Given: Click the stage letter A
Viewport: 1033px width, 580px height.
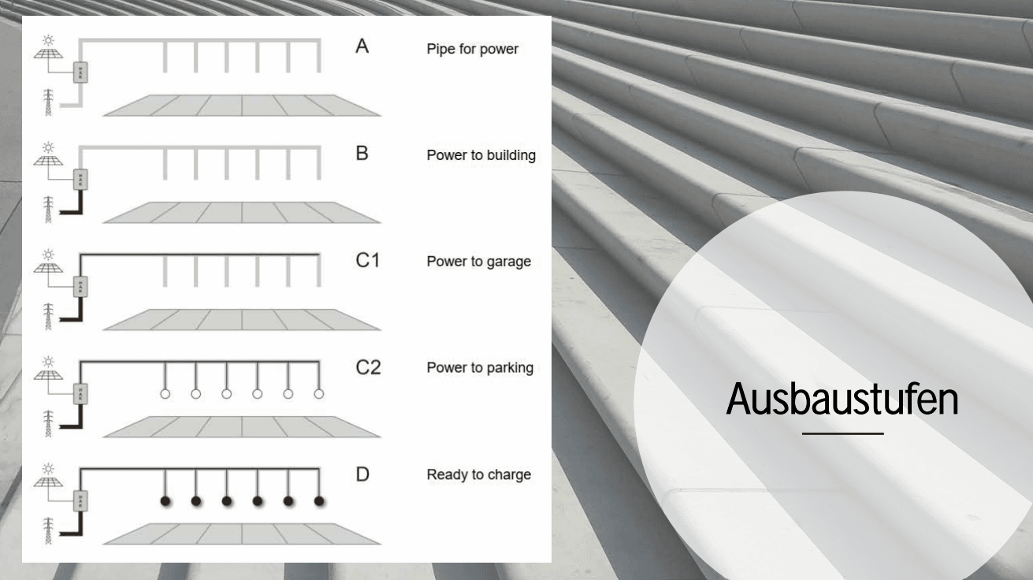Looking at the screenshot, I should pos(362,46).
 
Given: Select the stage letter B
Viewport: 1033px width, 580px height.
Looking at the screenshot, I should pos(362,153).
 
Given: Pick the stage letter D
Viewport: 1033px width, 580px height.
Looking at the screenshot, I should pos(362,474).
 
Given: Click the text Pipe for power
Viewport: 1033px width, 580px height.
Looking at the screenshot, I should pos(472,49).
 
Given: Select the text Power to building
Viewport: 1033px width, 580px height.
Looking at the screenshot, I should pos(481,155).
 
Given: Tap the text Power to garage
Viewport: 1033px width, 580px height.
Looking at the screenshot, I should pos(478,262).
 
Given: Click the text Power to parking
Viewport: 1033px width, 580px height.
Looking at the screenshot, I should pos(480,368).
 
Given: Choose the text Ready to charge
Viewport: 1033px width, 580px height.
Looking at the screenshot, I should pos(478,475).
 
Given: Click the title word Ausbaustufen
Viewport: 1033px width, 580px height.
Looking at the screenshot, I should pos(842,400).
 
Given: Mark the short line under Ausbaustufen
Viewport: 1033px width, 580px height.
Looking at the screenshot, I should pos(842,433).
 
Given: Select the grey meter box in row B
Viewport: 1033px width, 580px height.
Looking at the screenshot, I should pos(80,180).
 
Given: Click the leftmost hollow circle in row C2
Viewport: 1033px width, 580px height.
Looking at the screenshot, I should pos(165,393).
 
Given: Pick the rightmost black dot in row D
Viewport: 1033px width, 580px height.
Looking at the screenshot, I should pos(319,501).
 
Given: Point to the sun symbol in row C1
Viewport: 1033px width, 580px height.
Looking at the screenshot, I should pos(50,255).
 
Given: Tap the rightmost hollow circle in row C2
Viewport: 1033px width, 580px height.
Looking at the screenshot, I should pos(319,393).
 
